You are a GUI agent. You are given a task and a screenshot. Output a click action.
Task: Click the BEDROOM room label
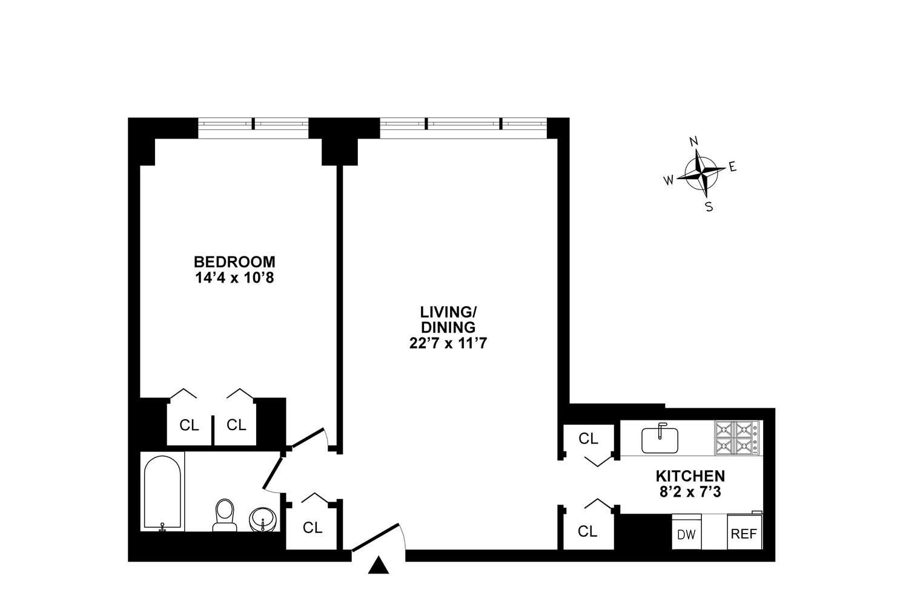(234, 262)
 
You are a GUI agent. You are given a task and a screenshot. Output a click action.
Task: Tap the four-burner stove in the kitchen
(736, 438)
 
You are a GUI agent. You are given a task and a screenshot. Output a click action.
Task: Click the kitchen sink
(660, 438)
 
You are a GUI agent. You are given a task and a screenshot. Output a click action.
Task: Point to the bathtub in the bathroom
(163, 492)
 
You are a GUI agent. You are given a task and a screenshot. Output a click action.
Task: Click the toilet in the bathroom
(225, 515)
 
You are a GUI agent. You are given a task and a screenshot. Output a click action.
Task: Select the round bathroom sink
(263, 519)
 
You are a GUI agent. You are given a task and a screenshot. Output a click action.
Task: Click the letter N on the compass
(694, 142)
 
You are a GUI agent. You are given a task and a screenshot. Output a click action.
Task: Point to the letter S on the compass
(709, 207)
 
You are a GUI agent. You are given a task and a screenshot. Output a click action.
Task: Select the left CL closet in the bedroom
(189, 425)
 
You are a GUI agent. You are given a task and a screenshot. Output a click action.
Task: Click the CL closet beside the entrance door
(313, 528)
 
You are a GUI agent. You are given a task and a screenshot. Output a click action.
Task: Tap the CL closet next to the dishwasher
(587, 531)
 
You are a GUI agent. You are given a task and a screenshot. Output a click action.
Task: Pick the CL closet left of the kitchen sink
(587, 439)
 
